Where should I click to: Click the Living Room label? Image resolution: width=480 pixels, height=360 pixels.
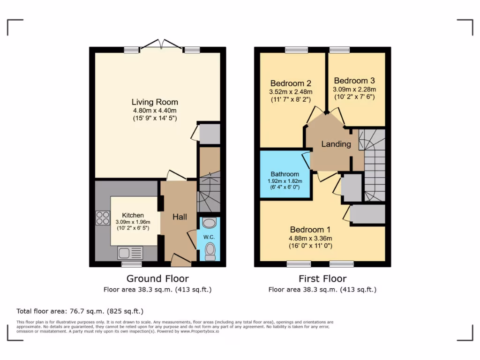pyautogui.click(x=155, y=102)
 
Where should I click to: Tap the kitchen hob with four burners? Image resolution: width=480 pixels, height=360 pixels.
pyautogui.click(x=103, y=218)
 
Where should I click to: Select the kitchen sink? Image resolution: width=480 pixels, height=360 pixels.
pyautogui.click(x=130, y=253)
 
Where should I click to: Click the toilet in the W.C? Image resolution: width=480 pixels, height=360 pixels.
pyautogui.click(x=210, y=251)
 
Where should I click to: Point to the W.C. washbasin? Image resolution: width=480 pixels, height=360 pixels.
pyautogui.click(x=210, y=223)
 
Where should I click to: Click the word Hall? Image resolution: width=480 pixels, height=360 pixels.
pyautogui.click(x=180, y=217)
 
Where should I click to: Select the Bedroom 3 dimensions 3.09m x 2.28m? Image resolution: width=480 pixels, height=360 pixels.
pyautogui.click(x=354, y=89)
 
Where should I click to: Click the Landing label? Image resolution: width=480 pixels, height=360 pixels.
pyautogui.click(x=336, y=144)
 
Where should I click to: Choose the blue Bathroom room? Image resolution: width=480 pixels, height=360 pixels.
pyautogui.click(x=285, y=174)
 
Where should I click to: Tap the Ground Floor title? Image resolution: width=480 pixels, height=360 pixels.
pyautogui.click(x=157, y=279)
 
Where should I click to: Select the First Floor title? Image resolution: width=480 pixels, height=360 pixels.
pyautogui.click(x=322, y=279)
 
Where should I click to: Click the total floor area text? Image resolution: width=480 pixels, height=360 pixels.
pyautogui.click(x=80, y=311)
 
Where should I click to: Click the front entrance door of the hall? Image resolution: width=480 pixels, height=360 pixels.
pyautogui.click(x=180, y=258)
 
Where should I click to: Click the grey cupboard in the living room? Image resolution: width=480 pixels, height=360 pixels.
pyautogui.click(x=209, y=134)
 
